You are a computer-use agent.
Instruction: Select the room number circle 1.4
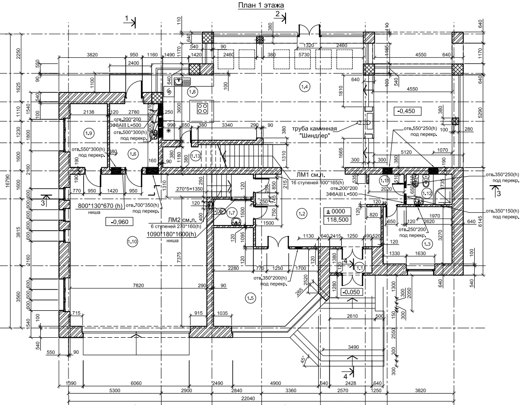(304, 87)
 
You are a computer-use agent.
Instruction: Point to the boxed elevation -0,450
(406, 111)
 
